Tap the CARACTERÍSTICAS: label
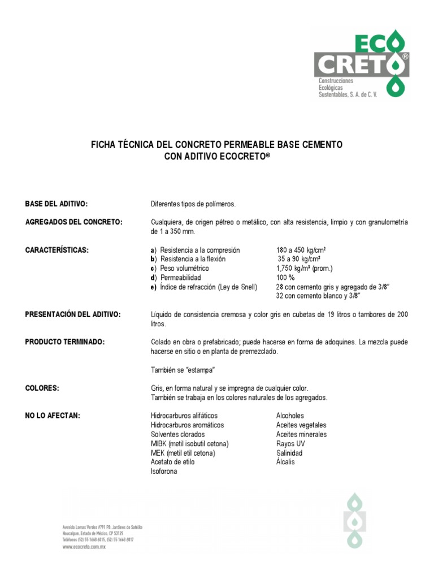[x=57, y=250]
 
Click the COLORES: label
[x=42, y=388]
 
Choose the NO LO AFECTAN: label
[x=53, y=416]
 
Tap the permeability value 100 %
[x=286, y=278]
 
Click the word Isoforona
[x=164, y=472]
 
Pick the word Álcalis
[x=285, y=463]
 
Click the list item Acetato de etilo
[x=173, y=463]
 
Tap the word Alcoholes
[x=290, y=416]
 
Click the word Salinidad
[x=289, y=453]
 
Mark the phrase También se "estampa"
[x=183, y=370]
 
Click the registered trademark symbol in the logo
[x=405, y=57]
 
